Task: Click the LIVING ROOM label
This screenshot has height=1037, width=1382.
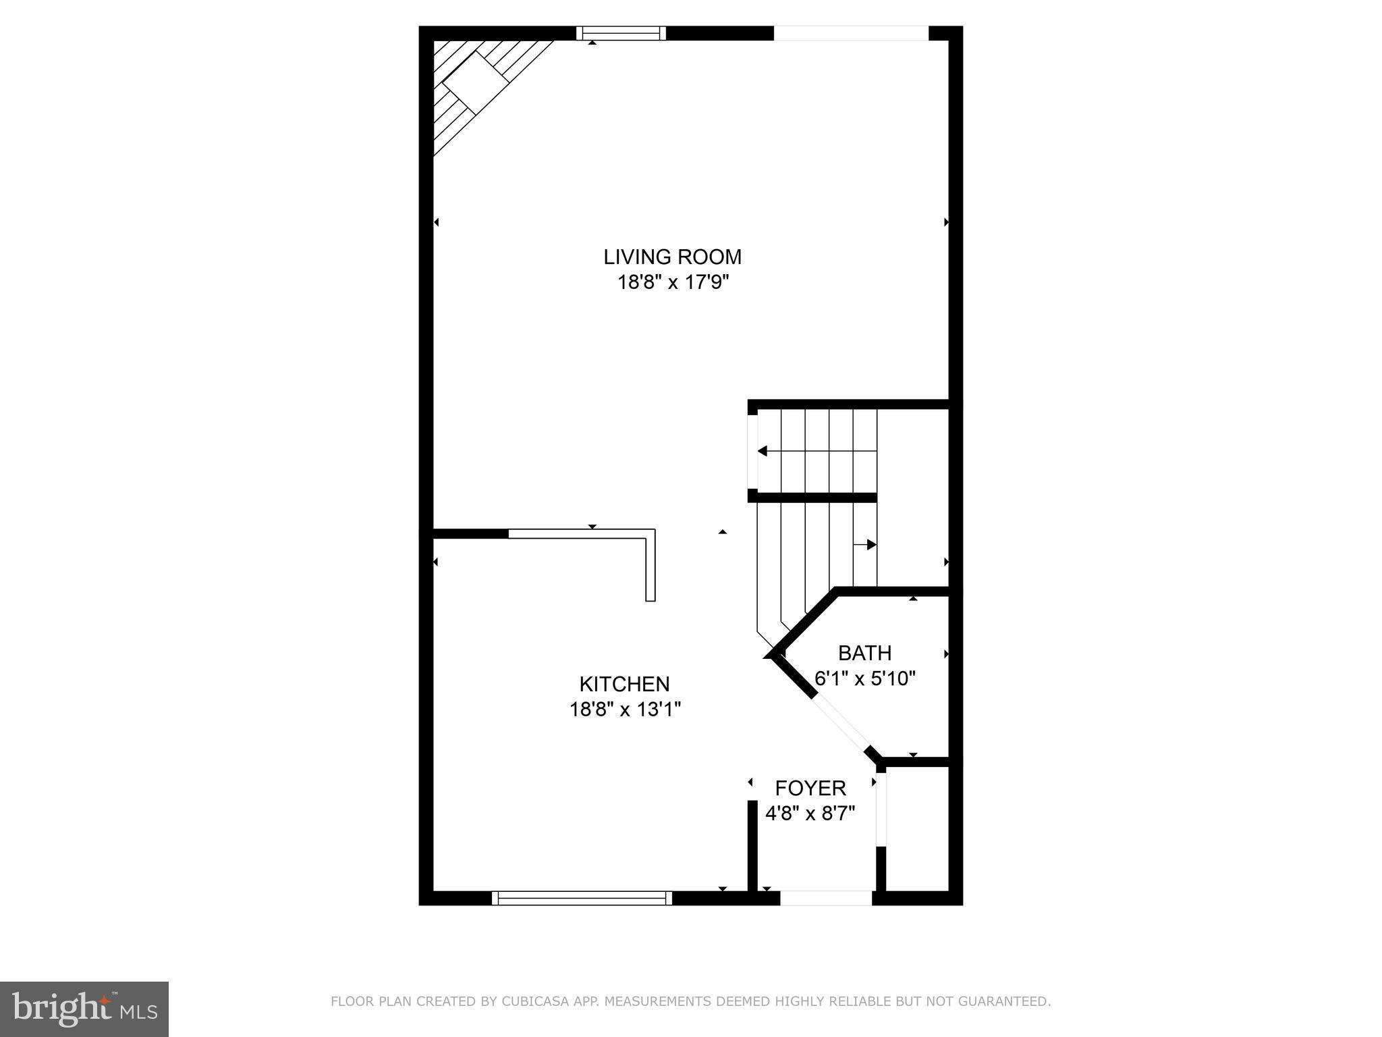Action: tap(672, 257)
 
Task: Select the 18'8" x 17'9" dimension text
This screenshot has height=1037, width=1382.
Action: tap(673, 282)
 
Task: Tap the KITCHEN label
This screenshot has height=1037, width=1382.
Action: tap(624, 684)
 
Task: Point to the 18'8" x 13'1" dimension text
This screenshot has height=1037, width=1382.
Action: tap(625, 710)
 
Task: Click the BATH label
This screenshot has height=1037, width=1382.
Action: tap(864, 653)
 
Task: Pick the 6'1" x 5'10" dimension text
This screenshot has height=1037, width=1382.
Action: tap(864, 678)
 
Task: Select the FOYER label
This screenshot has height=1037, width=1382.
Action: tap(810, 788)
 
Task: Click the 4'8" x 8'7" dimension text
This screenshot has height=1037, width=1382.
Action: tap(810, 813)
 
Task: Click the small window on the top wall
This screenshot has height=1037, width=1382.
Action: tap(621, 33)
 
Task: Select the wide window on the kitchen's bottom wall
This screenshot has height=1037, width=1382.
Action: tap(582, 897)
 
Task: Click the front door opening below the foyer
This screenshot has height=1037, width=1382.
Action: tap(826, 897)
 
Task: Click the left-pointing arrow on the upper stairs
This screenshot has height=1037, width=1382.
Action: tap(763, 451)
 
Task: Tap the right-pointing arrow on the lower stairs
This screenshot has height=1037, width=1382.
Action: tap(871, 544)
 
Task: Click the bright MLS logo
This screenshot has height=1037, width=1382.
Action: tap(84, 1009)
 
